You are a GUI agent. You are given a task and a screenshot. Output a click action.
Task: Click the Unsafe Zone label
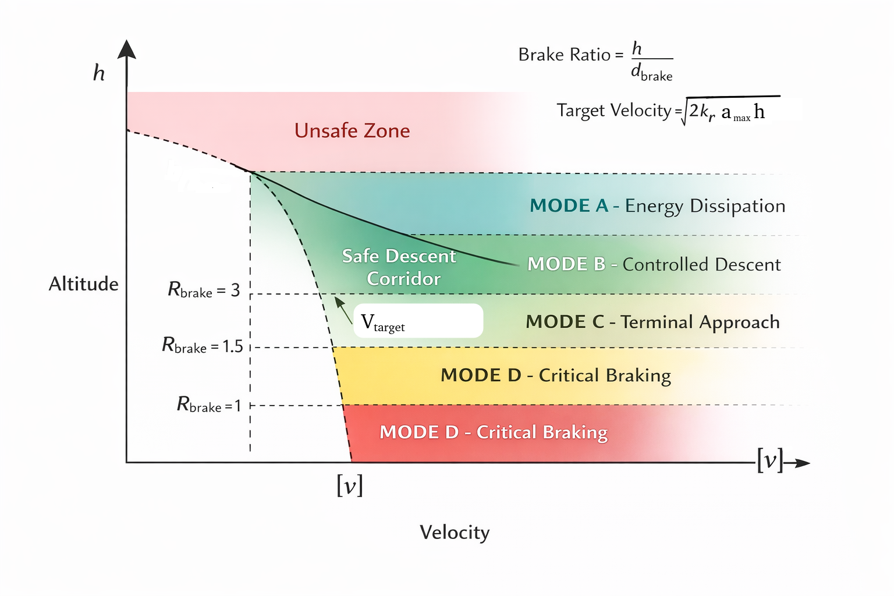click(x=352, y=130)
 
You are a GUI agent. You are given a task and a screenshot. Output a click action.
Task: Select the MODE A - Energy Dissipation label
click(x=657, y=206)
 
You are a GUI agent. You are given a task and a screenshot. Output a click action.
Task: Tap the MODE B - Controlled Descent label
click(x=654, y=264)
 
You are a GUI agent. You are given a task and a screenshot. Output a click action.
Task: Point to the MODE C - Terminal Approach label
click(x=652, y=322)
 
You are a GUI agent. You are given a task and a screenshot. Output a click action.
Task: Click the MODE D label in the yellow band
click(x=555, y=375)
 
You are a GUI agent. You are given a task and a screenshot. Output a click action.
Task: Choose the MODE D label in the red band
click(x=494, y=432)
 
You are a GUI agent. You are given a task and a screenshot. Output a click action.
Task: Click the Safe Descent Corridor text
click(x=400, y=267)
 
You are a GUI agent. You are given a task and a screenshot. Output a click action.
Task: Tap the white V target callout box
click(x=418, y=321)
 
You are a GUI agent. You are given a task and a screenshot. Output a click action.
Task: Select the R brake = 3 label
click(x=204, y=290)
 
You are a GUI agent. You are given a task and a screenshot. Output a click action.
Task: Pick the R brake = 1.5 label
click(x=202, y=346)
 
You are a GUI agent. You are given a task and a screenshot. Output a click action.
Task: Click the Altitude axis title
click(x=83, y=284)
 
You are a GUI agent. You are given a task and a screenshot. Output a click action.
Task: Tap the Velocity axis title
click(x=455, y=533)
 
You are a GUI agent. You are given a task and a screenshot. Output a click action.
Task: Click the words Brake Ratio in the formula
click(x=556, y=55)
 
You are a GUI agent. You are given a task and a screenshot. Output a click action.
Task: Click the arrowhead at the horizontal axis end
click(x=802, y=463)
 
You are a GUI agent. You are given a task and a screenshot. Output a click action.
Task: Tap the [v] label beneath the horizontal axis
click(x=350, y=485)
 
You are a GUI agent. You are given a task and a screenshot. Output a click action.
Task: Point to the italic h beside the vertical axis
click(x=99, y=73)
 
